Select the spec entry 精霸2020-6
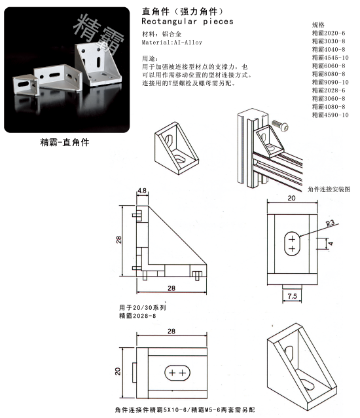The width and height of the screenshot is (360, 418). (329, 32)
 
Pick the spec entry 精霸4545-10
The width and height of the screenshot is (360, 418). (331, 58)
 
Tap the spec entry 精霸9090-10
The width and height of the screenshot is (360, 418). (331, 82)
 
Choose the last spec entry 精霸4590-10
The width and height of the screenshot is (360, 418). (331, 115)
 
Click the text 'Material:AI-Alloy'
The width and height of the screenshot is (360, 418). (172, 43)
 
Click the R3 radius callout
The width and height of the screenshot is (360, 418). (333, 224)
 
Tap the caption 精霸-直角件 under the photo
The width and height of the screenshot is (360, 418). (64, 142)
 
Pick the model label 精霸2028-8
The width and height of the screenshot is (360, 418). (137, 315)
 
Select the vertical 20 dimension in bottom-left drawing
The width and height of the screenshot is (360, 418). (118, 371)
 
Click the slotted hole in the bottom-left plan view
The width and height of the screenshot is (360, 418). (177, 371)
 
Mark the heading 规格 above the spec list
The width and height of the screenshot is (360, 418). (319, 24)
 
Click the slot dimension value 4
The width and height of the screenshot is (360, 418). (331, 243)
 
